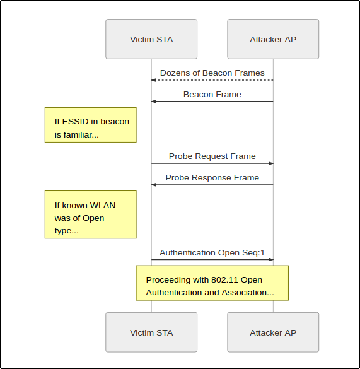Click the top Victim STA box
(151, 39)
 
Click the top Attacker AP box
(273, 39)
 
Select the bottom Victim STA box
(151, 332)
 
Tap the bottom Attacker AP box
(273, 332)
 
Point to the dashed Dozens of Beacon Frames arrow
(212, 80)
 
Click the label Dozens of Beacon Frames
(212, 73)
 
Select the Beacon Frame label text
(212, 95)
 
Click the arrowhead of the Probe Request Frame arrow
(271, 163)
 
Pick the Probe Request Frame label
(212, 156)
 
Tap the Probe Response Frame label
(212, 178)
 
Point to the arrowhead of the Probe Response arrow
(153, 185)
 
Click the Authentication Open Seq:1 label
(212, 253)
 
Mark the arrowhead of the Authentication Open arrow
(271, 260)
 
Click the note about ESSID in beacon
(91, 125)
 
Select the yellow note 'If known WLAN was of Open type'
(91, 214)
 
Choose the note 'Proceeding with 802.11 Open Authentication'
(212, 283)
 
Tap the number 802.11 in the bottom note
(224, 280)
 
